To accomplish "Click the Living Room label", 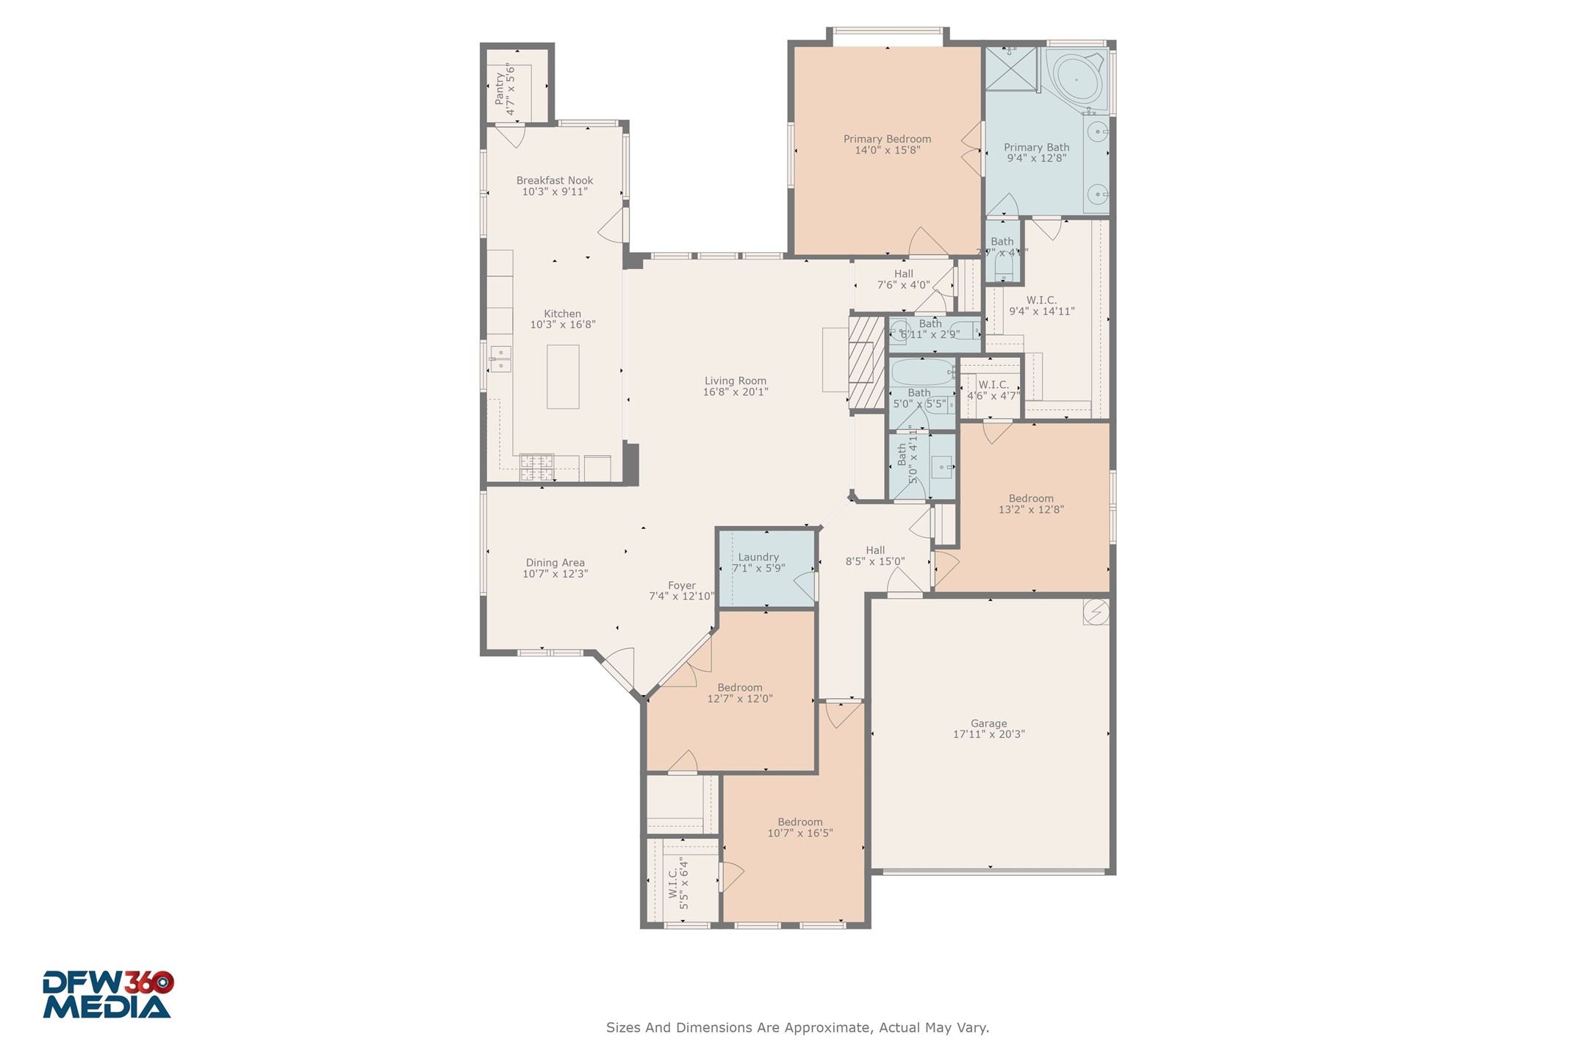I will click(x=735, y=381).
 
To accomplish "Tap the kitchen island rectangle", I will click(x=563, y=377).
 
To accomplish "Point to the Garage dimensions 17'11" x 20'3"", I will click(x=988, y=734).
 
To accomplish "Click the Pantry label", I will click(x=500, y=88).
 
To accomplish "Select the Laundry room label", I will click(x=758, y=557).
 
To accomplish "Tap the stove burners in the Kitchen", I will click(x=536, y=467).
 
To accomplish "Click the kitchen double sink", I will click(x=501, y=359).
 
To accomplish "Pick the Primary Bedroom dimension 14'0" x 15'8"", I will click(x=887, y=151).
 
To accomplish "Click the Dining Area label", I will click(x=555, y=563).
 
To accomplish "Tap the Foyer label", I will click(x=681, y=586).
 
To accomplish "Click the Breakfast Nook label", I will click(x=554, y=181).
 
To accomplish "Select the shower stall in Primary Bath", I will click(x=1010, y=69).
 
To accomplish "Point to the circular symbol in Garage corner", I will click(x=1096, y=612).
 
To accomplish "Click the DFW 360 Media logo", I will click(x=107, y=995).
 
